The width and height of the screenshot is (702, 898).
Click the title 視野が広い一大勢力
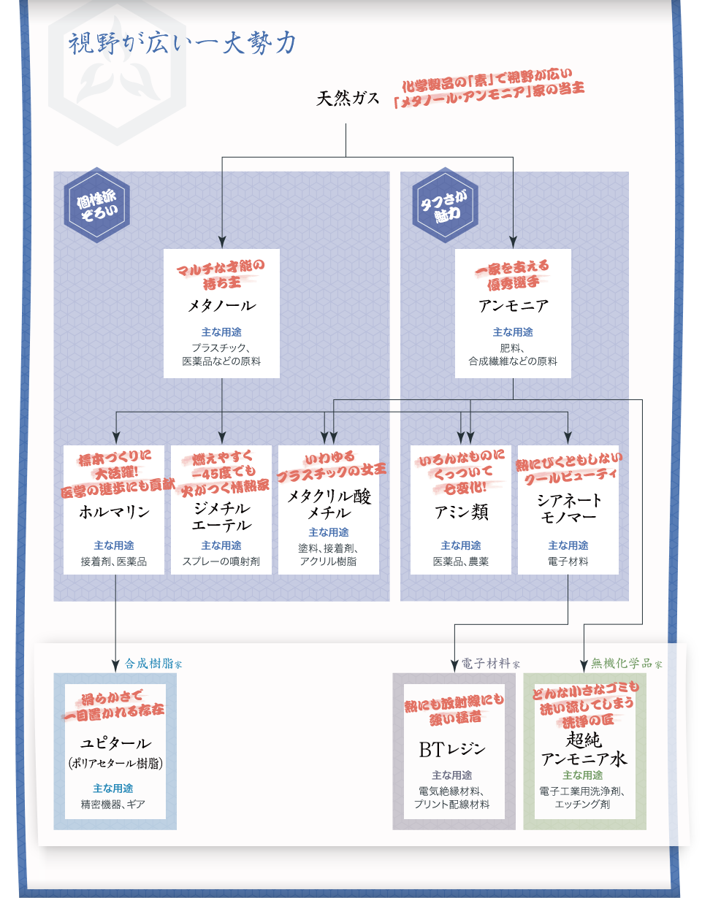tap(182, 44)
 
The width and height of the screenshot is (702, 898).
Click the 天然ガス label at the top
tap(347, 99)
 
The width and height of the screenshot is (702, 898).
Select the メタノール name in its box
tap(221, 305)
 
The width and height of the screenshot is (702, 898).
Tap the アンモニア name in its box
tap(513, 305)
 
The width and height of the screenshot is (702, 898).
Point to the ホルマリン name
tap(114, 512)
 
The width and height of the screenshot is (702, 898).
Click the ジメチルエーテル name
tap(221, 516)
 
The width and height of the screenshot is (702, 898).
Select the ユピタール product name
tap(115, 743)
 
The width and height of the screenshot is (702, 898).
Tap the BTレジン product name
tap(451, 749)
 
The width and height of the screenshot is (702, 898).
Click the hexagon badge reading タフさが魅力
tap(444, 205)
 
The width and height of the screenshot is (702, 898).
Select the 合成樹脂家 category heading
tap(153, 664)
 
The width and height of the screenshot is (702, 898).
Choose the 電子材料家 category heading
tap(490, 664)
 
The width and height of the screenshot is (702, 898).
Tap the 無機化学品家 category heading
tap(626, 664)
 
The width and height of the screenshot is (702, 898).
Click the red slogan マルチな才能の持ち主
tap(221, 270)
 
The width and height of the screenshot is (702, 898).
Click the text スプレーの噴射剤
tap(221, 561)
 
